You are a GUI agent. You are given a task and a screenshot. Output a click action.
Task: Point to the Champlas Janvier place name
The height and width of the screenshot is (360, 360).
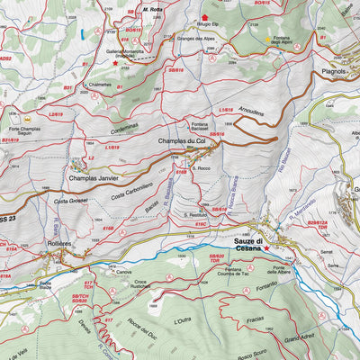click(x=94, y=177)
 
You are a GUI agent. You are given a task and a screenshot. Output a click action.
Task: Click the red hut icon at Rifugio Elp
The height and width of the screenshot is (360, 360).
click(x=204, y=16)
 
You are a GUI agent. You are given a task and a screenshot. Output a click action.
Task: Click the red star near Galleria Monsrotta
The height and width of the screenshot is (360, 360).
click(x=115, y=64)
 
